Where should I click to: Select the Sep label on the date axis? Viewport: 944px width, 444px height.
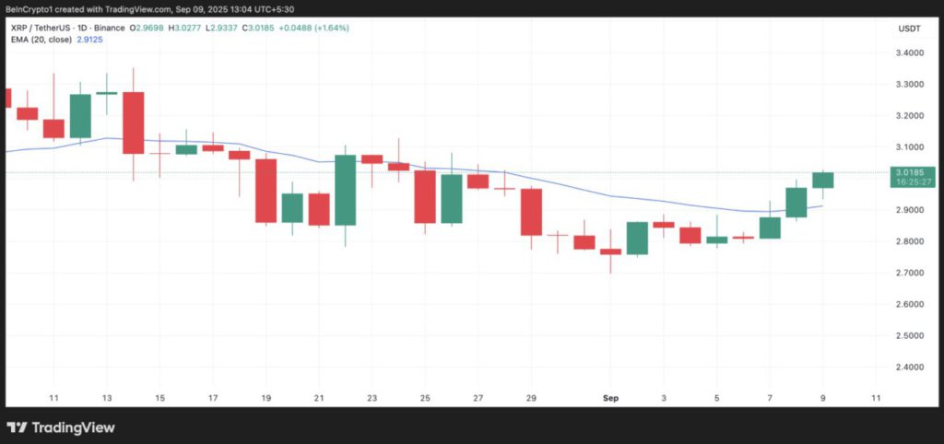pyautogui.click(x=610, y=398)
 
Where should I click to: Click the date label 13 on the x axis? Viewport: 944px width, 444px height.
pyautogui.click(x=107, y=398)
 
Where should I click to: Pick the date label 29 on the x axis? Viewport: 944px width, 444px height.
pyautogui.click(x=531, y=398)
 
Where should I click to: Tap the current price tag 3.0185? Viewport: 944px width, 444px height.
pyautogui.click(x=914, y=172)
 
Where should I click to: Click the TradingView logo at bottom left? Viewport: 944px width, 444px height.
pyautogui.click(x=62, y=427)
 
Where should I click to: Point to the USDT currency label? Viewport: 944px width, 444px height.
pyautogui.click(x=910, y=29)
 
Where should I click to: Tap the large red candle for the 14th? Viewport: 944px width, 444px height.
pyautogui.click(x=134, y=123)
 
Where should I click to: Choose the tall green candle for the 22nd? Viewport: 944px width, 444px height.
pyautogui.click(x=346, y=190)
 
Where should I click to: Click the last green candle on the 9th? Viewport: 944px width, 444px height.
pyautogui.click(x=822, y=180)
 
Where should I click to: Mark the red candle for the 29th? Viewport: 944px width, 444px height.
pyautogui.click(x=531, y=212)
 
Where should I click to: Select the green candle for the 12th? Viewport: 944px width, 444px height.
pyautogui.click(x=80, y=116)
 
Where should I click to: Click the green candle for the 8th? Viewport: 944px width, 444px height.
pyautogui.click(x=796, y=202)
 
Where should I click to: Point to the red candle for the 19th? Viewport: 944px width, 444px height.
pyautogui.click(x=266, y=191)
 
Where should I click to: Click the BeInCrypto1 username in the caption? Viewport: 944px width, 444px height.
pyautogui.click(x=29, y=7)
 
